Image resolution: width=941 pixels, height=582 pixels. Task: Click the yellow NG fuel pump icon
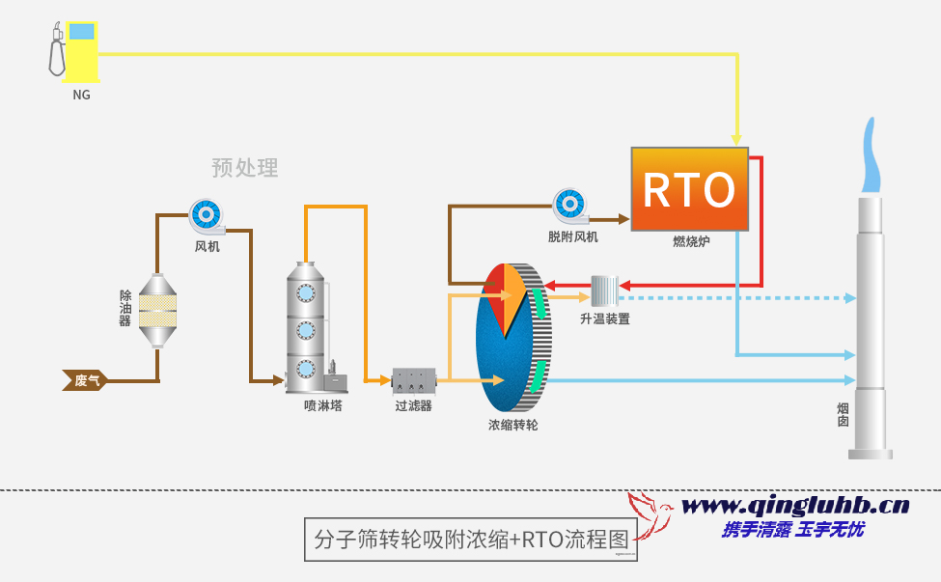[x=74, y=52]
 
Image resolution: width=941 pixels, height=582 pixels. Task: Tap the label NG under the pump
[x=82, y=96]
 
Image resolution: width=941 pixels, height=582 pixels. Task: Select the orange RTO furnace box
[x=689, y=189]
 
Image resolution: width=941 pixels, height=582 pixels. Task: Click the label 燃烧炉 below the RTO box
[x=691, y=241]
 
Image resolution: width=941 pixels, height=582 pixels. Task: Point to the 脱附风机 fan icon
[x=569, y=207]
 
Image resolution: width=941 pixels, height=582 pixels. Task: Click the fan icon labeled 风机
[x=206, y=216]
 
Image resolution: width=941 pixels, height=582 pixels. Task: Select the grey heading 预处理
[x=245, y=168]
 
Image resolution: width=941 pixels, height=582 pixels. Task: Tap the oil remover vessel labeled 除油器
[x=160, y=310]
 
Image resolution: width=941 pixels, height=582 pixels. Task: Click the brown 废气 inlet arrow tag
[x=85, y=380]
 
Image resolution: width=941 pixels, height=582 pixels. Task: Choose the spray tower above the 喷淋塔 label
[x=307, y=328]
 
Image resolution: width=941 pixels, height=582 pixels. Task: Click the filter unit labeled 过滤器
[x=414, y=380]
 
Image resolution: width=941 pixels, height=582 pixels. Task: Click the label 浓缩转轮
[x=512, y=425]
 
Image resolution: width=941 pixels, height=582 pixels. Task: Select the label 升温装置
[x=605, y=319]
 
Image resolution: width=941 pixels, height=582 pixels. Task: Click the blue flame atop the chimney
[x=872, y=159]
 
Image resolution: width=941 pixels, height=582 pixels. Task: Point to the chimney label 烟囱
[x=843, y=415]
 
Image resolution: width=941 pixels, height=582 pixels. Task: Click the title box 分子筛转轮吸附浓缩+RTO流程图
[x=471, y=539]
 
